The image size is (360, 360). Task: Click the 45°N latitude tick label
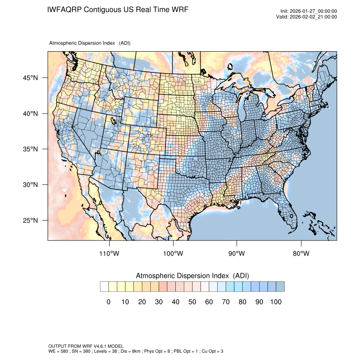30,78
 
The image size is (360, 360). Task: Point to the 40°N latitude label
30,114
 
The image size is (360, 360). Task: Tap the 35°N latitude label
30,149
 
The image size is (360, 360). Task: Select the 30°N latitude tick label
30,185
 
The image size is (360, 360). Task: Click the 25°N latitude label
30,220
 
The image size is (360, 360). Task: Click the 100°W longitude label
173,254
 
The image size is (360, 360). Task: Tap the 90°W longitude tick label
237,254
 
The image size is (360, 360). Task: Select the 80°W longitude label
301,254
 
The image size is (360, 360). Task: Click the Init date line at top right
309,11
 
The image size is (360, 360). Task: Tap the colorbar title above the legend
192,276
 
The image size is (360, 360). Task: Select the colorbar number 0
108,302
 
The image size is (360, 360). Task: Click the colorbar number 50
192,302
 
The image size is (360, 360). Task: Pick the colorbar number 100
276,302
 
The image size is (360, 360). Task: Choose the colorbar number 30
159,302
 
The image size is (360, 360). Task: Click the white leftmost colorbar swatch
104,287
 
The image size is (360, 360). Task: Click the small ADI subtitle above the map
90,43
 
